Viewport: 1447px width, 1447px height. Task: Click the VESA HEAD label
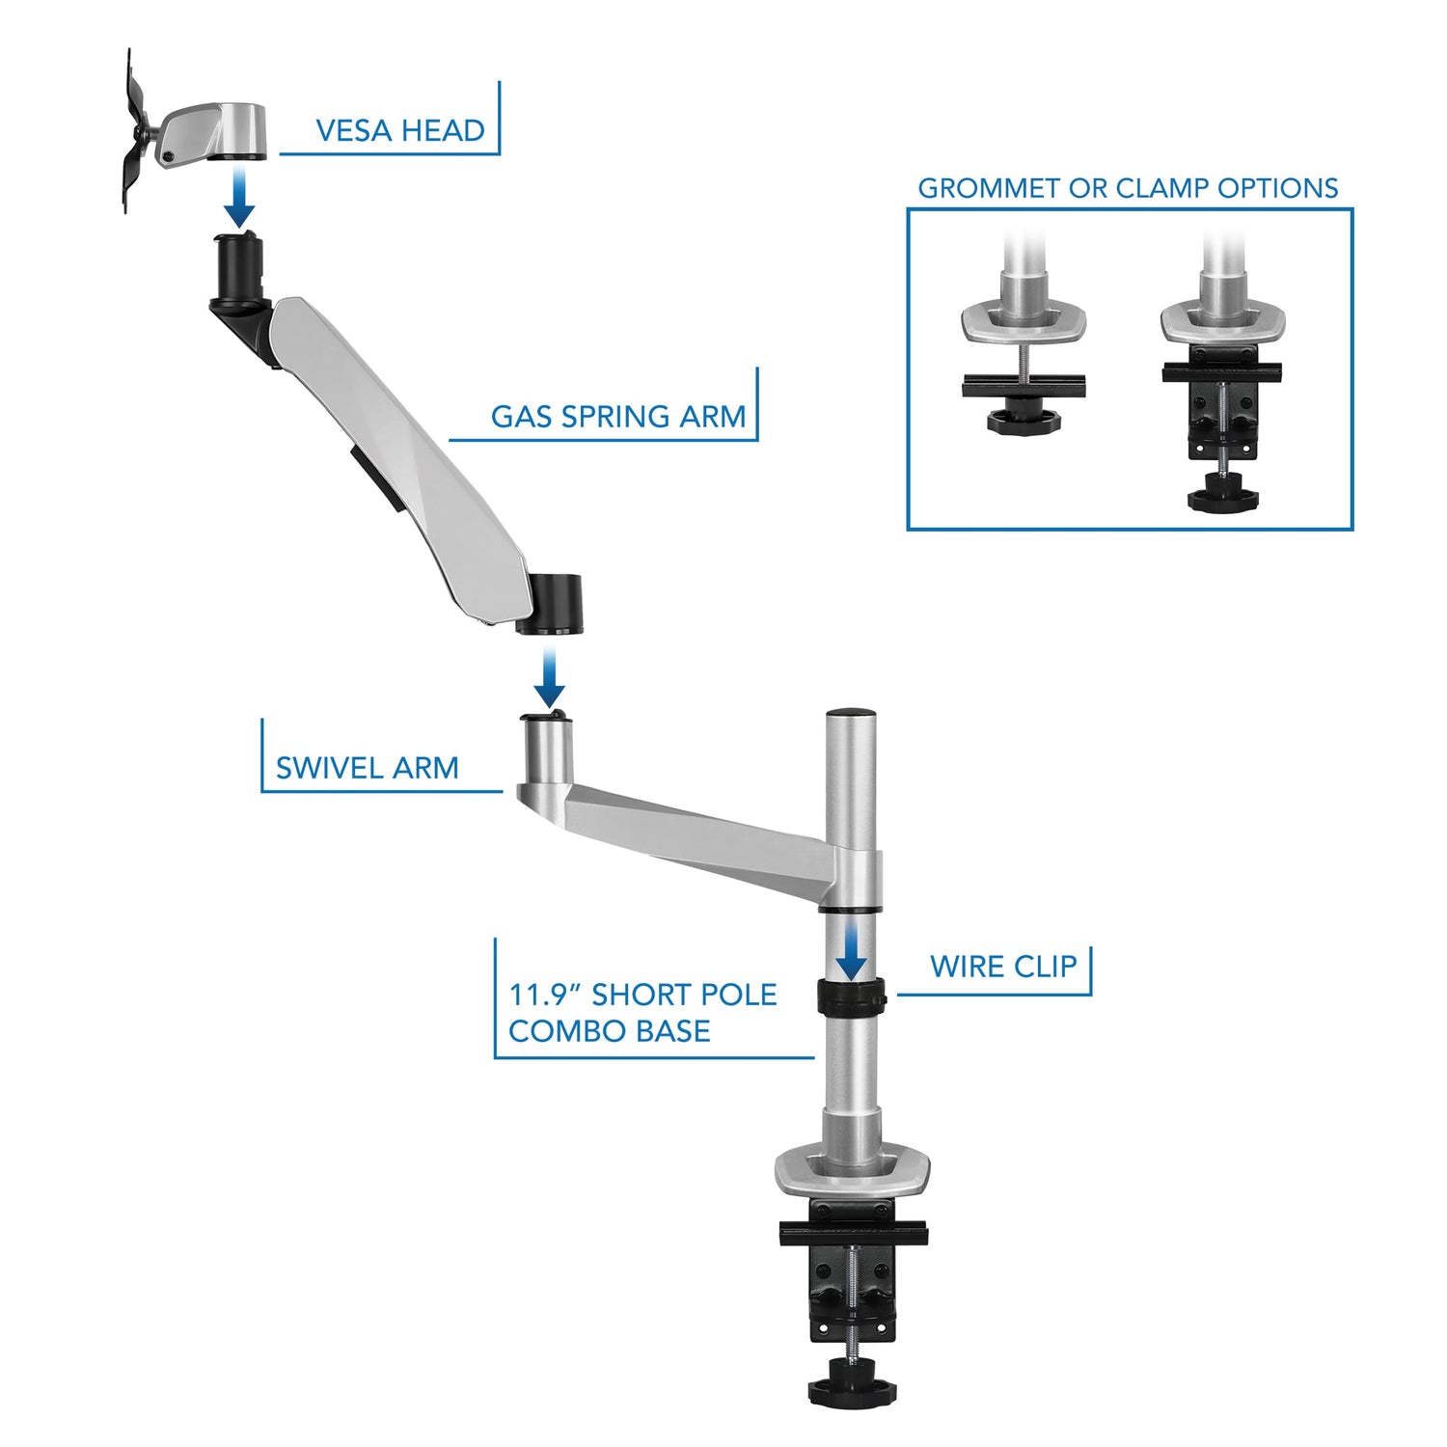399,130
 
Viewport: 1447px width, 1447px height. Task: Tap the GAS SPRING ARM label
617,417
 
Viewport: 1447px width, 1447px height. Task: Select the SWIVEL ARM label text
367,768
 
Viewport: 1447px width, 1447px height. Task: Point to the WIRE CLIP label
1002,967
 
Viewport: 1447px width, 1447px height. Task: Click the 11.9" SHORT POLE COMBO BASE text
642,1013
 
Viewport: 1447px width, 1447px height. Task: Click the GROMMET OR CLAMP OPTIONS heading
1127,188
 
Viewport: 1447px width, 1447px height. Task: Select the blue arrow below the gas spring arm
549,679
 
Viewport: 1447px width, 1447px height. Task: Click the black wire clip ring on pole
851,997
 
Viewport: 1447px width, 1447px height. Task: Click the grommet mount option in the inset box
1024,357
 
